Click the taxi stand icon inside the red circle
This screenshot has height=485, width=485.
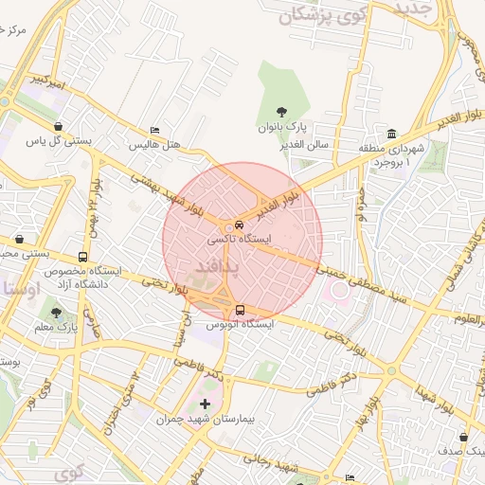[x=238, y=225]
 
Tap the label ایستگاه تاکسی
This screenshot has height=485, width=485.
[x=240, y=241]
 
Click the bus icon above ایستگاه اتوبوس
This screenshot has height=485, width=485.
[x=239, y=310]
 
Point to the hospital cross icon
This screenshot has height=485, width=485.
[x=205, y=404]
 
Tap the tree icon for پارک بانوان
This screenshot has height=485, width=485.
[x=280, y=113]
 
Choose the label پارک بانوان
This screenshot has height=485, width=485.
[x=280, y=127]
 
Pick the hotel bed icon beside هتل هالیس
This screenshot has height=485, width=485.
[x=155, y=132]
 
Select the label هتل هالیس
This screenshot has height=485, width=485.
[x=159, y=145]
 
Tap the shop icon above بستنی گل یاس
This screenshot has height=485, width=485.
[x=59, y=126]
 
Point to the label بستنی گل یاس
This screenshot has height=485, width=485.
[x=59, y=141]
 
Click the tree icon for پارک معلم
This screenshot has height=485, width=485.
[x=56, y=313]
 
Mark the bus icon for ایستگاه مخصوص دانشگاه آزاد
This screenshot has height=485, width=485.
[x=83, y=257]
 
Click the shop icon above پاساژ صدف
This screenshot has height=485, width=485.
[x=462, y=438]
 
